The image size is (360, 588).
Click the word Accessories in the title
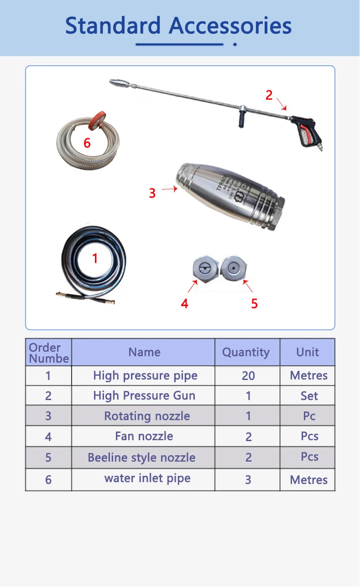tap(230, 26)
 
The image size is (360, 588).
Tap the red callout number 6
tap(87, 143)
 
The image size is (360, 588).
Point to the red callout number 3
tap(152, 193)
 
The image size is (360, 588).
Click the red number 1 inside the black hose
tap(95, 259)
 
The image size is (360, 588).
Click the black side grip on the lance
tap(240, 120)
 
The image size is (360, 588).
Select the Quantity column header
tap(246, 352)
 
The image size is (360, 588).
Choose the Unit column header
tap(308, 352)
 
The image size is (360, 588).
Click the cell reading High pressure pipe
tap(145, 376)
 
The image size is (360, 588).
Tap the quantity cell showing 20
tap(248, 376)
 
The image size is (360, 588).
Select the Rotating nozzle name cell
tap(147, 416)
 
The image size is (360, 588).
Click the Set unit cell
tap(309, 396)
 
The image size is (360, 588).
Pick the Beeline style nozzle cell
tap(141, 458)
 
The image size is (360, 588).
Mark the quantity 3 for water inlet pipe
tap(248, 479)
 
